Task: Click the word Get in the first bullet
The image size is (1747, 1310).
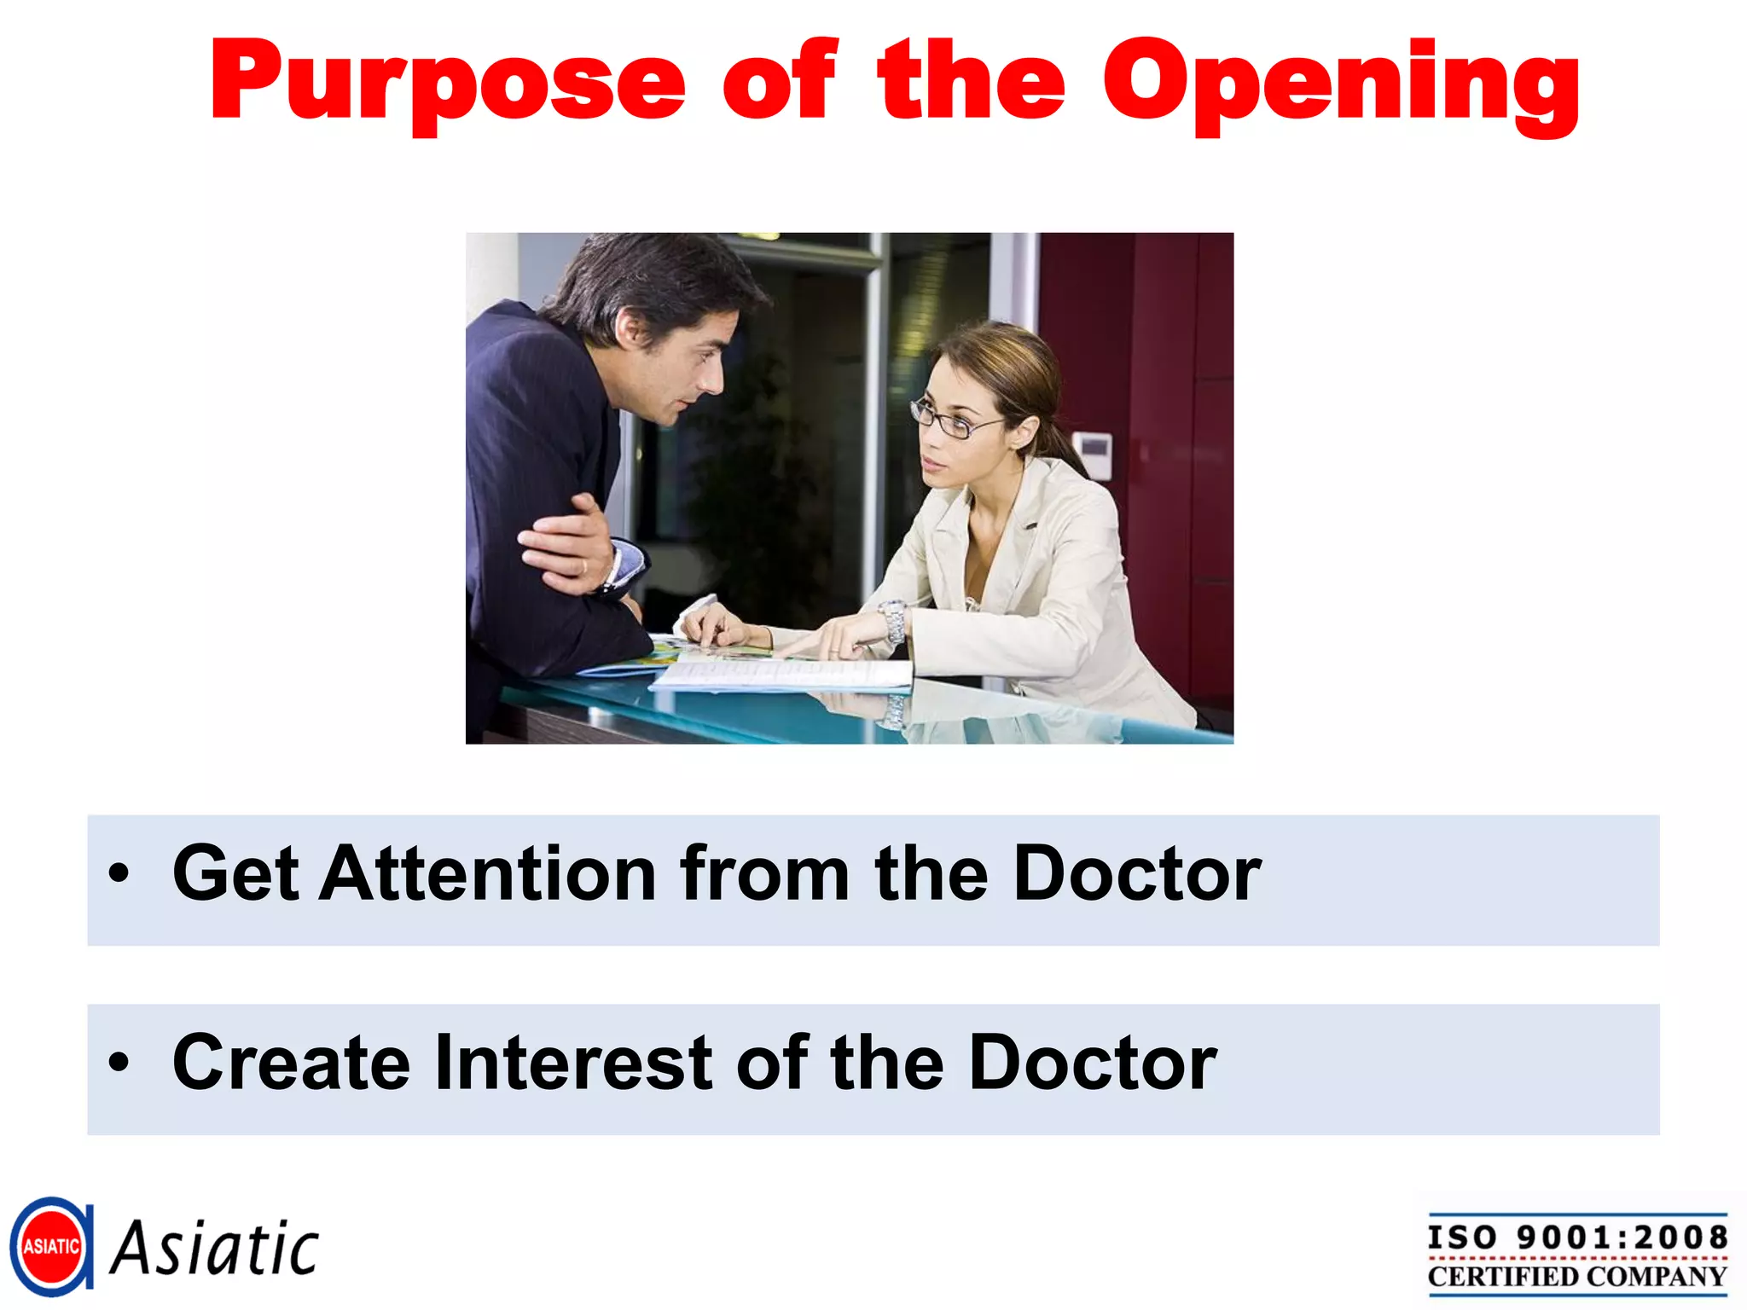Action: click(x=235, y=873)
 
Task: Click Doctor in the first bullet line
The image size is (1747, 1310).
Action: click(x=1137, y=873)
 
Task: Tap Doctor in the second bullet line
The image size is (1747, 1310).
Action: click(x=1093, y=1063)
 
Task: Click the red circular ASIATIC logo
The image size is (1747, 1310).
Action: click(x=51, y=1247)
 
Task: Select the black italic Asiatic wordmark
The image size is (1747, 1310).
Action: click(x=215, y=1249)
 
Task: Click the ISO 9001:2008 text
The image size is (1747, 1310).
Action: click(x=1577, y=1238)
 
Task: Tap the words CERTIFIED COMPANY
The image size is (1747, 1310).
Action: click(x=1577, y=1277)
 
